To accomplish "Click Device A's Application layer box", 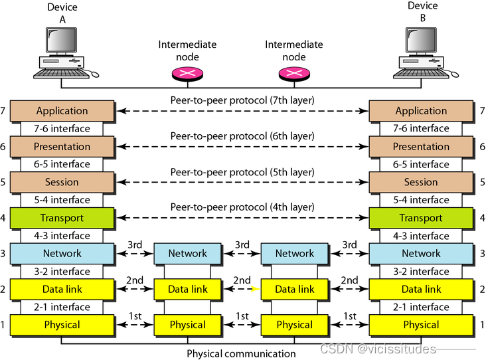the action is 62,111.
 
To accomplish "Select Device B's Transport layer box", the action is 421,218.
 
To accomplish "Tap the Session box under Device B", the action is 421,182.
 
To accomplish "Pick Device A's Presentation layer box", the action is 62,146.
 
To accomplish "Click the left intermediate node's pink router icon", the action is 187,74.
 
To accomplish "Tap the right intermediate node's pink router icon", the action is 294,74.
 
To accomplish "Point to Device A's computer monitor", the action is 61,40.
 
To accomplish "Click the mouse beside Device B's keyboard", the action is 454,74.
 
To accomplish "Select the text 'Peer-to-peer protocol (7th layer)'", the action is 242,100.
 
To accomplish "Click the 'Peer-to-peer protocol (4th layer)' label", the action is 242,207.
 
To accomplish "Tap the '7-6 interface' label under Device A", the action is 62,128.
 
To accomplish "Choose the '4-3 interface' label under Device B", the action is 421,236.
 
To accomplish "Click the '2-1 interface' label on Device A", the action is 62,307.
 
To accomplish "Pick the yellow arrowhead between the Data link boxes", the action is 256,289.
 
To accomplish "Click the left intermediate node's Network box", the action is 187,253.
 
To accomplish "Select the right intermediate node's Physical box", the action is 294,325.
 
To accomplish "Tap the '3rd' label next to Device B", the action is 349,244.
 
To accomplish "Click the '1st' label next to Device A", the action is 135,316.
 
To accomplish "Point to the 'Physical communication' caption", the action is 241,353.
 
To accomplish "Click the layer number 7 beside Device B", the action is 482,111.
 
